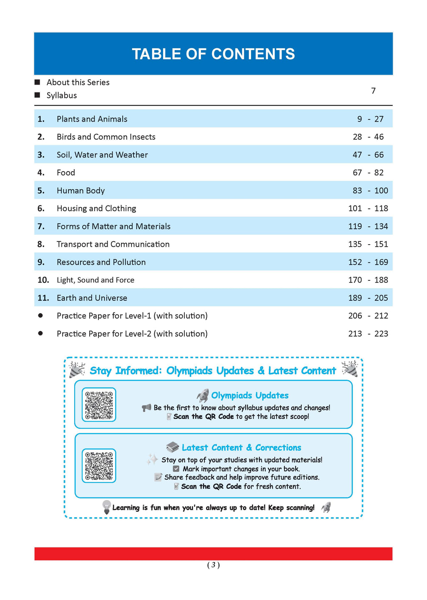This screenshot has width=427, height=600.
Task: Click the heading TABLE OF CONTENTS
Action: (213, 54)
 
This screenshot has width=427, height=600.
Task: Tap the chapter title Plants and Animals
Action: (92, 119)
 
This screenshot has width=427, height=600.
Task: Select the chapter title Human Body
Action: (80, 191)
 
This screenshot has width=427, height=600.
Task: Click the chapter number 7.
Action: (41, 227)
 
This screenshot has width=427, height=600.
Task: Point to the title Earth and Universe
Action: (92, 298)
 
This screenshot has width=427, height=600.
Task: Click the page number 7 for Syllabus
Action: (373, 91)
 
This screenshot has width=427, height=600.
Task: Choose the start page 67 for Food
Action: (357, 173)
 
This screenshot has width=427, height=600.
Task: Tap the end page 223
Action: (381, 334)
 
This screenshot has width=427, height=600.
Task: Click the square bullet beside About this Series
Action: (38, 82)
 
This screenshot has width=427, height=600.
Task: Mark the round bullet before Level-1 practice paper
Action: (40, 316)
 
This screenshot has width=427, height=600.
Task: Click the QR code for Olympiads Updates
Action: (99, 405)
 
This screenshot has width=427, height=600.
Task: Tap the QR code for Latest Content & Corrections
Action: (99, 466)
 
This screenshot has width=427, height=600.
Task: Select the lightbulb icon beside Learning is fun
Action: (107, 507)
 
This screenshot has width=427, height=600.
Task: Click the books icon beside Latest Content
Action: (172, 447)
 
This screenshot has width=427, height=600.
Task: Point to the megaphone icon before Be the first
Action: (146, 408)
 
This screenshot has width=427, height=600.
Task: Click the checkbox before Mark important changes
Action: (176, 469)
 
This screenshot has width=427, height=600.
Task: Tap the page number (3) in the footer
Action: (213, 565)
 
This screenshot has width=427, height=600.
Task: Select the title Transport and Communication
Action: (113, 245)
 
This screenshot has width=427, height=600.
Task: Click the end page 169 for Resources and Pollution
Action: (381, 262)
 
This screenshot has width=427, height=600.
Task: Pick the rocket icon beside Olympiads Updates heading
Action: (203, 395)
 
